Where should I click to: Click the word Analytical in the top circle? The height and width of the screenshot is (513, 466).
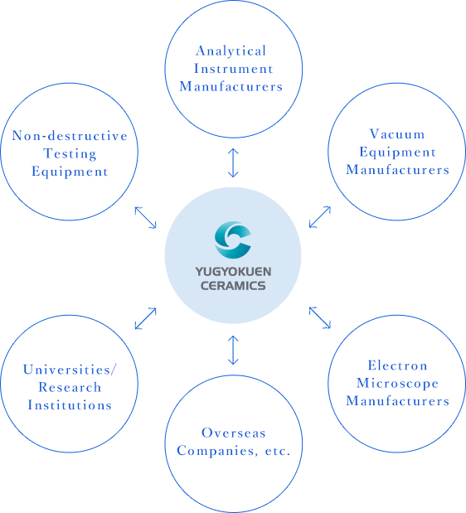coord(231,51)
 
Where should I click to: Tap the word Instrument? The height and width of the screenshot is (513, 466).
coord(233,69)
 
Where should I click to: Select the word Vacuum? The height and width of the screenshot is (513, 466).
coord(397,134)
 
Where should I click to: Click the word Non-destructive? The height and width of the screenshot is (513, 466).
coord(70,136)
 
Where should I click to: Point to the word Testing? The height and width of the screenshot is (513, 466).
coord(70,154)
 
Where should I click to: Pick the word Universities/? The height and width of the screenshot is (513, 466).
coord(70,370)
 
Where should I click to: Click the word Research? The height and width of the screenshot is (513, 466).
coord(70,387)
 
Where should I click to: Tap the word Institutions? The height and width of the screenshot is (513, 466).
coord(70,405)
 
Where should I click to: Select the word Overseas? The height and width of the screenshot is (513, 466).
coord(233,433)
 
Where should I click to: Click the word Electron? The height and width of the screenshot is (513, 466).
coord(397,365)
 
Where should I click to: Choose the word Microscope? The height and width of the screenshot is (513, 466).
coord(397,384)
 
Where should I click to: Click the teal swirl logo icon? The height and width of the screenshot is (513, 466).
coord(233,240)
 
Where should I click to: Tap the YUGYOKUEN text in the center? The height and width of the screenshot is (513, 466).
coord(233,272)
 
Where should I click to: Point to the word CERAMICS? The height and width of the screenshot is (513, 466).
coord(233,286)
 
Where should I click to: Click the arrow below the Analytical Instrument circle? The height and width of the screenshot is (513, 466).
coord(233,162)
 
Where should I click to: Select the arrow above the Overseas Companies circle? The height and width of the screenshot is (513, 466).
coord(233,350)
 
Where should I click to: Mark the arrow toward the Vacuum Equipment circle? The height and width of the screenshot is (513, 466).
coord(320,217)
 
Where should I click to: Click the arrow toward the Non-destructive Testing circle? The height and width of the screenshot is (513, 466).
coord(146,217)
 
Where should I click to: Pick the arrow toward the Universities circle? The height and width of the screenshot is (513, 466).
coord(146,318)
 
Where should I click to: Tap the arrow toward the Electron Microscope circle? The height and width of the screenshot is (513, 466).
coord(320,317)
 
